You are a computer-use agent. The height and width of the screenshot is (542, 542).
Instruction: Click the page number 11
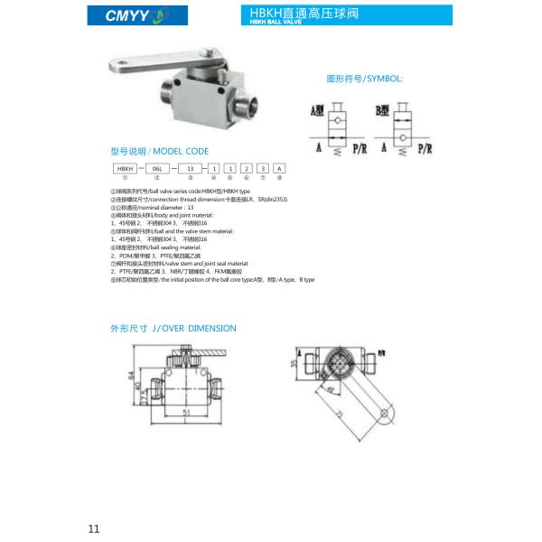coord(94,528)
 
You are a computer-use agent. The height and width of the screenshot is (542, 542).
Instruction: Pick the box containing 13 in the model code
coord(190,169)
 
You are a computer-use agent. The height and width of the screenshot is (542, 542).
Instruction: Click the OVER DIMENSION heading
coord(173,328)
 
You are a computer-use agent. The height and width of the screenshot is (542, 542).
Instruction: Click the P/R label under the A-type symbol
coord(359,145)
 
